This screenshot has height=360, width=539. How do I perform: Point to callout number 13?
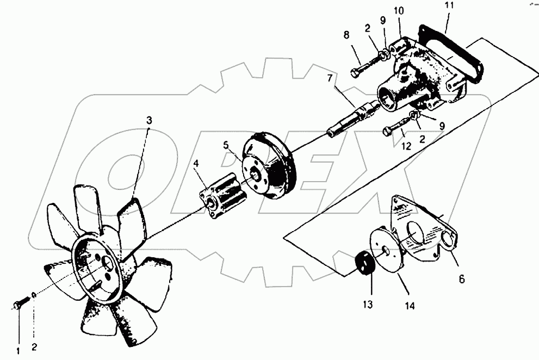(369, 305)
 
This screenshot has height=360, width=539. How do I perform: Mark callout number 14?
(409, 307)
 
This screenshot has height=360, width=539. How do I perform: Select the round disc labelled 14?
(387, 251)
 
